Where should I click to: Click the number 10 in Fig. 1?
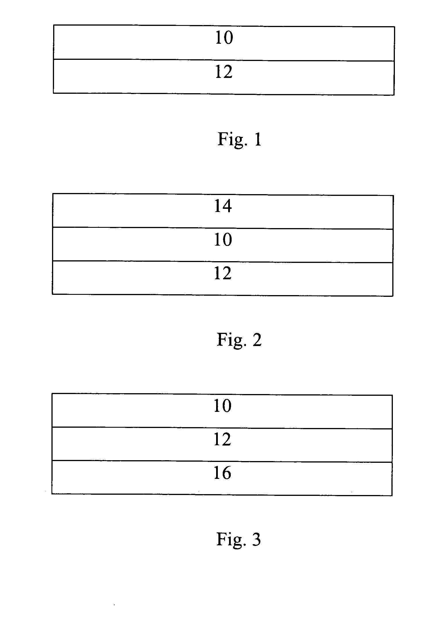tap(224, 38)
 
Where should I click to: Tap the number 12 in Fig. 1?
tap(224, 72)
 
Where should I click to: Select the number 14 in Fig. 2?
tap(223, 206)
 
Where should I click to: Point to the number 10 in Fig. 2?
tap(223, 240)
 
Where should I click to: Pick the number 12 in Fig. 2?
tap(223, 273)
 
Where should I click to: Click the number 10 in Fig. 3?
tap(222, 406)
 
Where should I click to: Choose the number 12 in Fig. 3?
tap(222, 439)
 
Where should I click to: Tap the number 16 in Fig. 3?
tap(222, 473)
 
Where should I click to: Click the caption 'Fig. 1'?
tap(239, 140)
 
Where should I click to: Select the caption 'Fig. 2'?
tap(239, 340)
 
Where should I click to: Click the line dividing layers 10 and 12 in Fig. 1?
tap(224, 60)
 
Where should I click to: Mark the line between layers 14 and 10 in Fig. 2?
tap(223, 228)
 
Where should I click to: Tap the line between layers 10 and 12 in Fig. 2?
tap(223, 262)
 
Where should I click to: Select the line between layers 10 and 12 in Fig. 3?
tap(222, 428)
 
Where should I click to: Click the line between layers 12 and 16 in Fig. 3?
tap(222, 462)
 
